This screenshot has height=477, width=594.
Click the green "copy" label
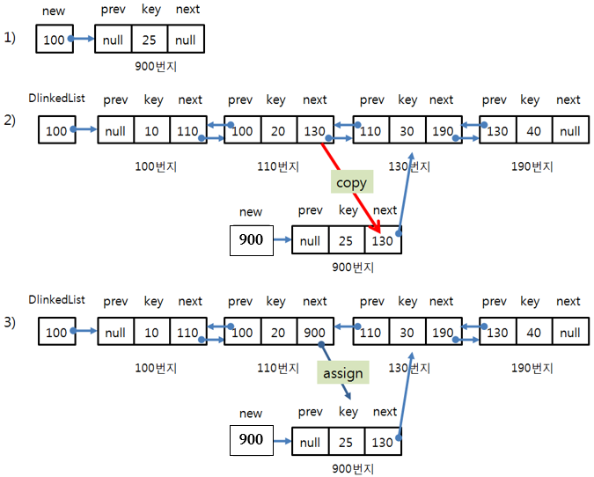351,182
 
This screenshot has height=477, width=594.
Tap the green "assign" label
342,372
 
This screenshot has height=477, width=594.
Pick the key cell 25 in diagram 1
150,40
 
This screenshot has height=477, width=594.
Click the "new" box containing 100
54,40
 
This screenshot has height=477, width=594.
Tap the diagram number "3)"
10,322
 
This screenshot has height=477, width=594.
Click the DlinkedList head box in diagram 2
55,131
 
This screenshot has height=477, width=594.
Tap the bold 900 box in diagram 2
252,239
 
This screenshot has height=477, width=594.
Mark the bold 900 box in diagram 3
252,439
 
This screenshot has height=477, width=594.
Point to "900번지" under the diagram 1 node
150,66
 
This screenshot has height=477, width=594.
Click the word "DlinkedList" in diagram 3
56,301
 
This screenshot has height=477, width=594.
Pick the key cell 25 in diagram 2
347,240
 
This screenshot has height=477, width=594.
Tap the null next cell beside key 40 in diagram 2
570,131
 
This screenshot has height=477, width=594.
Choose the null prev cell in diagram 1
114,40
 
